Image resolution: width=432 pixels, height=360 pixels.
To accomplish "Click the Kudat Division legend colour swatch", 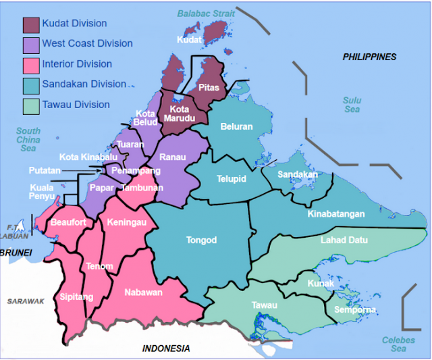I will pos(31,25).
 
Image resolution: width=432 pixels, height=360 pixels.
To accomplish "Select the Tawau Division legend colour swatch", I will pos(31,106).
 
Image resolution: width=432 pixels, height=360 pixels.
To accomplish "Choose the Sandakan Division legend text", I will pos(84,84).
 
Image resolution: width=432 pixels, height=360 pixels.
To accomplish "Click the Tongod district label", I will pos(201,240).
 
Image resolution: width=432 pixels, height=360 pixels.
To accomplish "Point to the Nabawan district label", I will pos(143,292).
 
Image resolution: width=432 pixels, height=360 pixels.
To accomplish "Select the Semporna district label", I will pos(355,310).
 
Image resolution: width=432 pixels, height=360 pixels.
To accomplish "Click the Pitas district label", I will pos(209,87).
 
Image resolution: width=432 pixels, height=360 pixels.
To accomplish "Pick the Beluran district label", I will pos(236,126).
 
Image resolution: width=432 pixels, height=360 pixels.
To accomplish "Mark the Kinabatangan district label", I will pos(336,214).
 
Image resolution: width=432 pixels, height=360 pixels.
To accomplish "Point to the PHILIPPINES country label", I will pos(369,57).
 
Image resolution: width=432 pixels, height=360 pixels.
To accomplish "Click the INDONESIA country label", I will pos(166,349).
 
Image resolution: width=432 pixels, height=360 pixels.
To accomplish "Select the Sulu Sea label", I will pos(352,105).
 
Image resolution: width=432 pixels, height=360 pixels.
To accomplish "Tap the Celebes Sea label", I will pos(394,344).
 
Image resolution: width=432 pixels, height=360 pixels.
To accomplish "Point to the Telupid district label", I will pos(231,180).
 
